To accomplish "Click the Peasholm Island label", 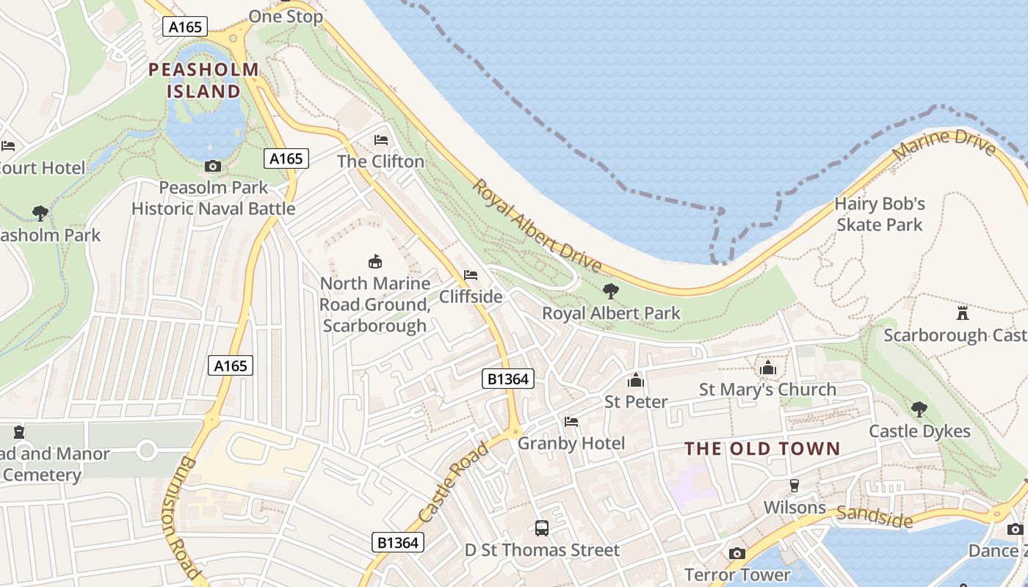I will [203, 81].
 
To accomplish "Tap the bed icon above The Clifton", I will [381, 139].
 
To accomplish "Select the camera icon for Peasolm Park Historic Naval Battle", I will [213, 167].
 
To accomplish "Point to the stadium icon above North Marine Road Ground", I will [375, 261].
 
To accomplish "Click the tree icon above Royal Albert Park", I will [611, 291].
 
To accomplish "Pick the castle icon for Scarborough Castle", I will [963, 313].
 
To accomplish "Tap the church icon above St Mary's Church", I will [768, 368].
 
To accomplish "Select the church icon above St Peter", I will [636, 380].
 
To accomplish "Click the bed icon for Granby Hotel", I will [571, 421].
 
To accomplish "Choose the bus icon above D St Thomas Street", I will [542, 528].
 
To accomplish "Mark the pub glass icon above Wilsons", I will [794, 485].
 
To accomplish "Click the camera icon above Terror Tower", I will [737, 553].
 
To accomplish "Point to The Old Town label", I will [762, 449].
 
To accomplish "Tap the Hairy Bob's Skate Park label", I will [879, 214].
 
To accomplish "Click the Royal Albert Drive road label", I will [536, 226].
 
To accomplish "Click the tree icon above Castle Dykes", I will [919, 409].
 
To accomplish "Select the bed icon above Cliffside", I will [471, 275].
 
